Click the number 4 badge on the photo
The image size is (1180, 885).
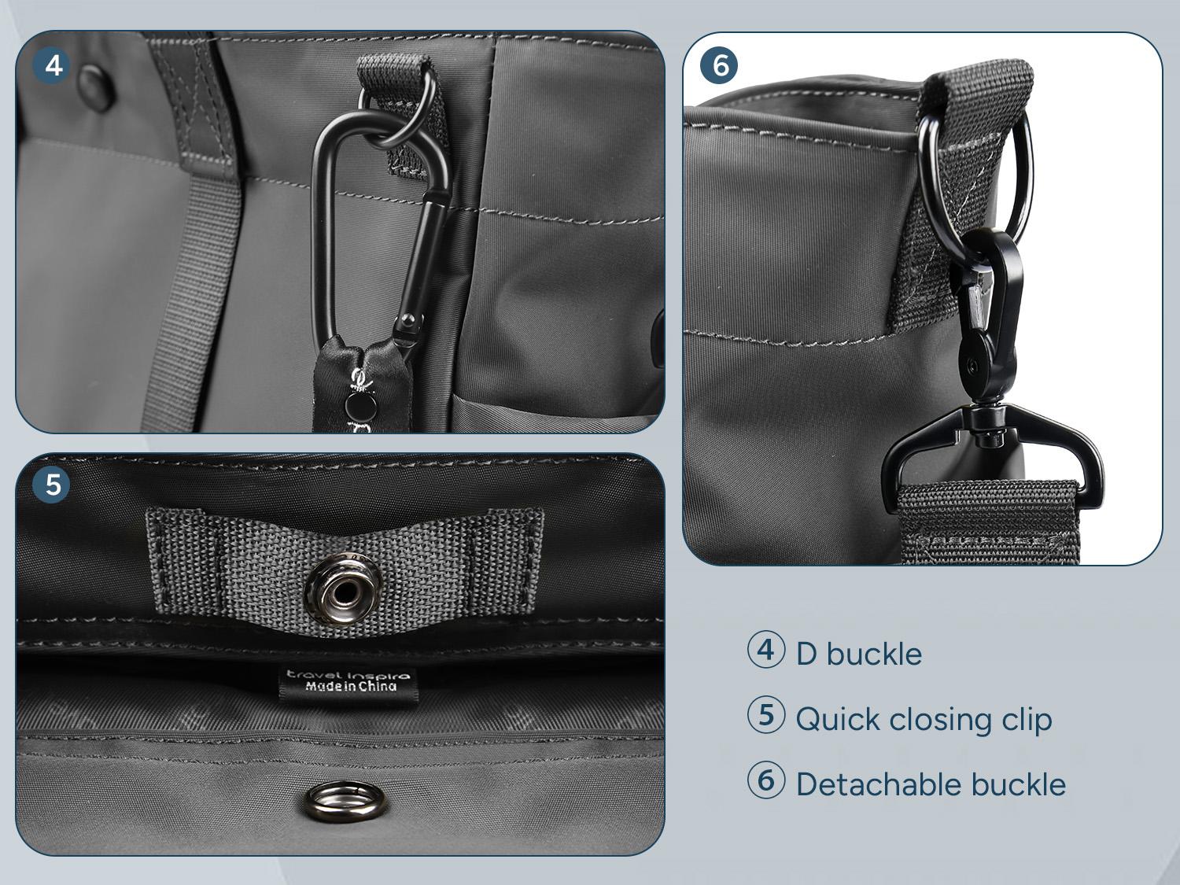pyautogui.click(x=53, y=65)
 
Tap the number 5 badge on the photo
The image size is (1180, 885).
pyautogui.click(x=53, y=484)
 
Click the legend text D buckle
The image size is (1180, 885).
pyautogui.click(x=858, y=654)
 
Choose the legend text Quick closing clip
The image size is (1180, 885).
pyautogui.click(x=924, y=719)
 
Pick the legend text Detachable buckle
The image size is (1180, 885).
pyautogui.click(x=931, y=784)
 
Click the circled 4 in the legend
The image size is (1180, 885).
pyautogui.click(x=765, y=651)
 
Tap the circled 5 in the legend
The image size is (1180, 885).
pyautogui.click(x=765, y=716)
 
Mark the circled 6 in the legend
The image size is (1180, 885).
pyautogui.click(x=765, y=781)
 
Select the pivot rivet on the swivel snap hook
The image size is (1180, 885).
pyautogui.click(x=973, y=366)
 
